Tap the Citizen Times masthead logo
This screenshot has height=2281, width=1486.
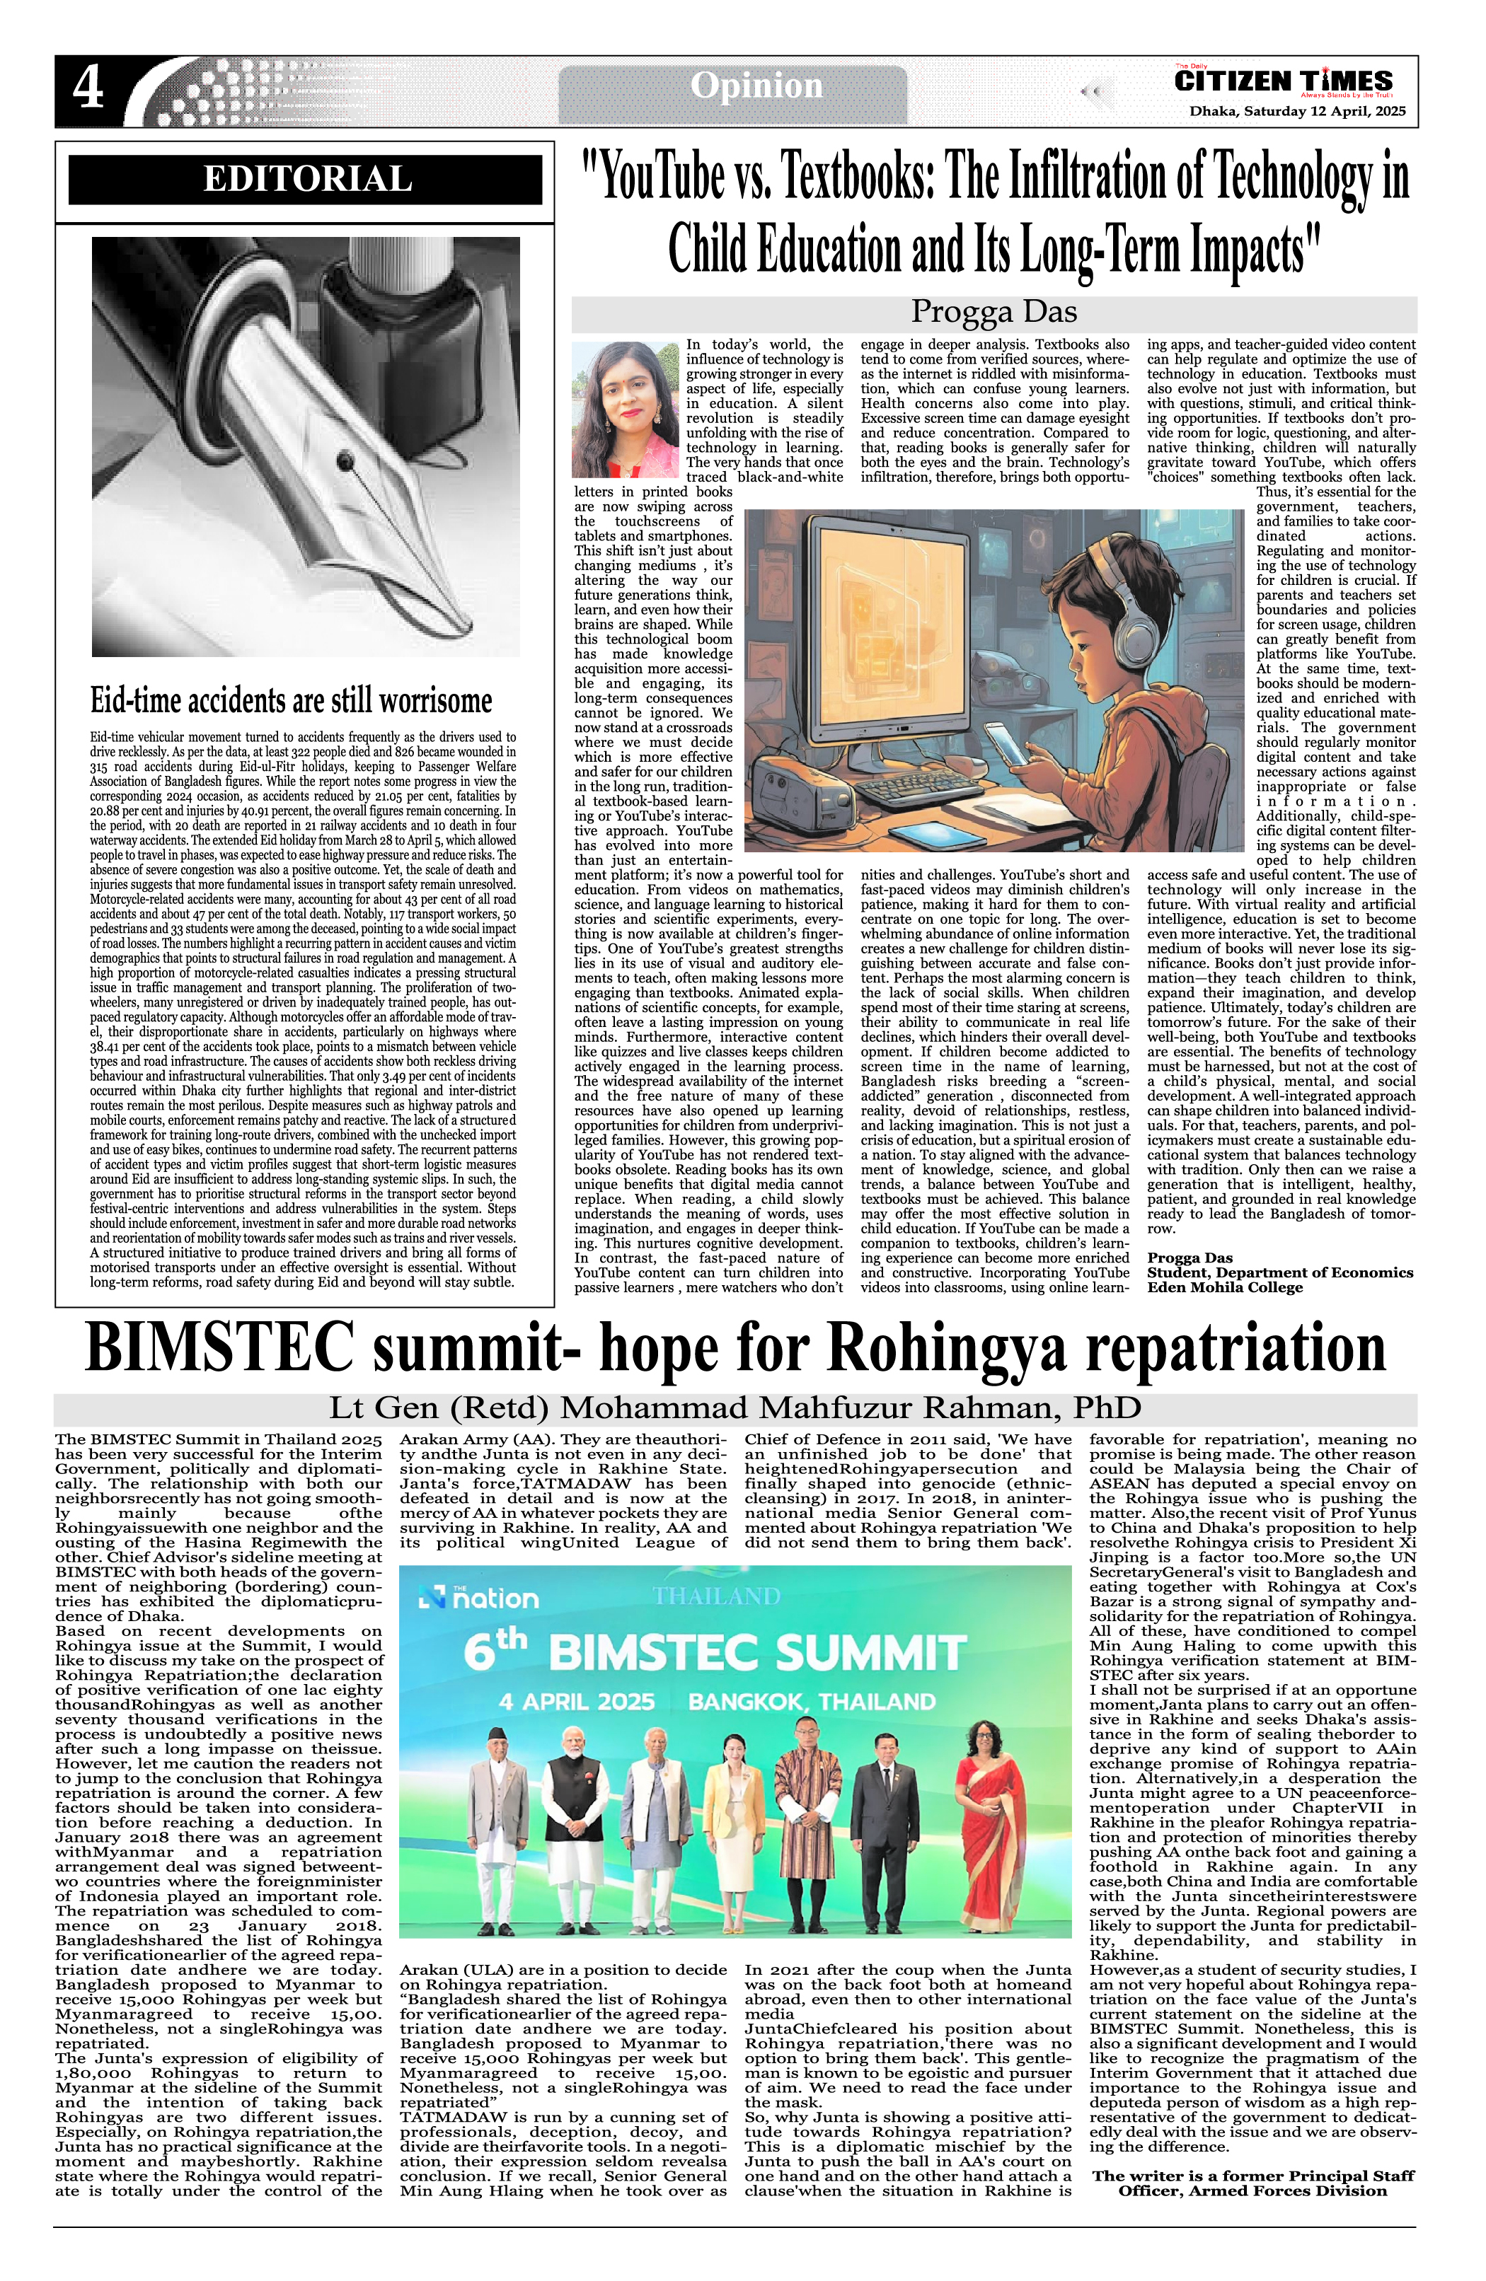click(1283, 81)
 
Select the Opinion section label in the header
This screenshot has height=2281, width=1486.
click(756, 86)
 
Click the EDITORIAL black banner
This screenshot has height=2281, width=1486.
click(306, 179)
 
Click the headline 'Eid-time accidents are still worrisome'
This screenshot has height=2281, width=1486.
click(291, 701)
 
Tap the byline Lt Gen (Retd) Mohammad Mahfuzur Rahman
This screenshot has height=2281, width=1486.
click(735, 1408)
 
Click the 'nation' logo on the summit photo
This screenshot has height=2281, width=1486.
click(481, 1598)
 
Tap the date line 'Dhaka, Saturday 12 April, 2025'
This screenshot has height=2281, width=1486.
click(1297, 111)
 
